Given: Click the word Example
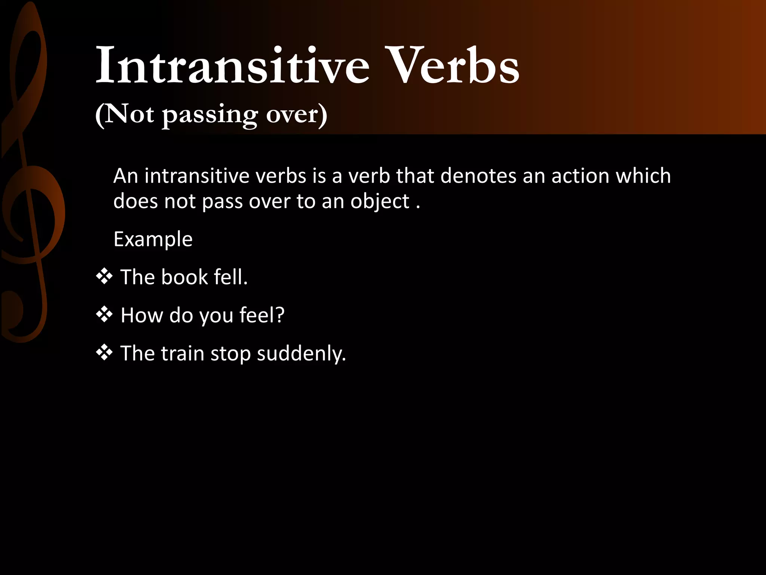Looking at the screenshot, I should [153, 239].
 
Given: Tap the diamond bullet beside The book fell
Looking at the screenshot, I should [104, 277].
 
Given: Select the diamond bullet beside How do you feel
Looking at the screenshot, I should [104, 314].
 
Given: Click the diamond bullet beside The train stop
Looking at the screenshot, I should [104, 353].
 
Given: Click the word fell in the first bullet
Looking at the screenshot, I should [231, 277].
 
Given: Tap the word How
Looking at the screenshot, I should [142, 315].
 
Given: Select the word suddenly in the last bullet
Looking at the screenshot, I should [301, 353].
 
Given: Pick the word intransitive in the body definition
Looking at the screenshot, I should [197, 176].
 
